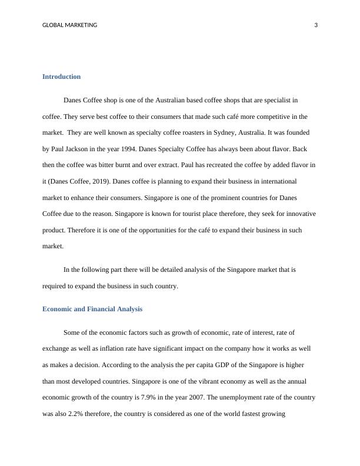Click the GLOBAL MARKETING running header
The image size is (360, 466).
[x=70, y=25]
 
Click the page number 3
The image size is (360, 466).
[x=316, y=25]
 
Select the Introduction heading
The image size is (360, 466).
[x=61, y=76]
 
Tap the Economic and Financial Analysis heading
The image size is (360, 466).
[x=92, y=309]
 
